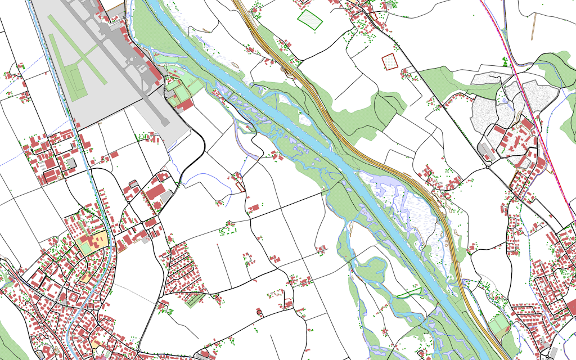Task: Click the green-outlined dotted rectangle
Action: click(x=310, y=19)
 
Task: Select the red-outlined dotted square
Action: click(x=389, y=61)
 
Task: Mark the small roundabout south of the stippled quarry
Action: click(x=487, y=166)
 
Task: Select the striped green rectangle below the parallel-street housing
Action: click(x=193, y=299)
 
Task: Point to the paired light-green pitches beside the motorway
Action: click(x=498, y=323)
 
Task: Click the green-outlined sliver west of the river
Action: click(x=409, y=292)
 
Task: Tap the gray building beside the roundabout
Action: click(x=484, y=148)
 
